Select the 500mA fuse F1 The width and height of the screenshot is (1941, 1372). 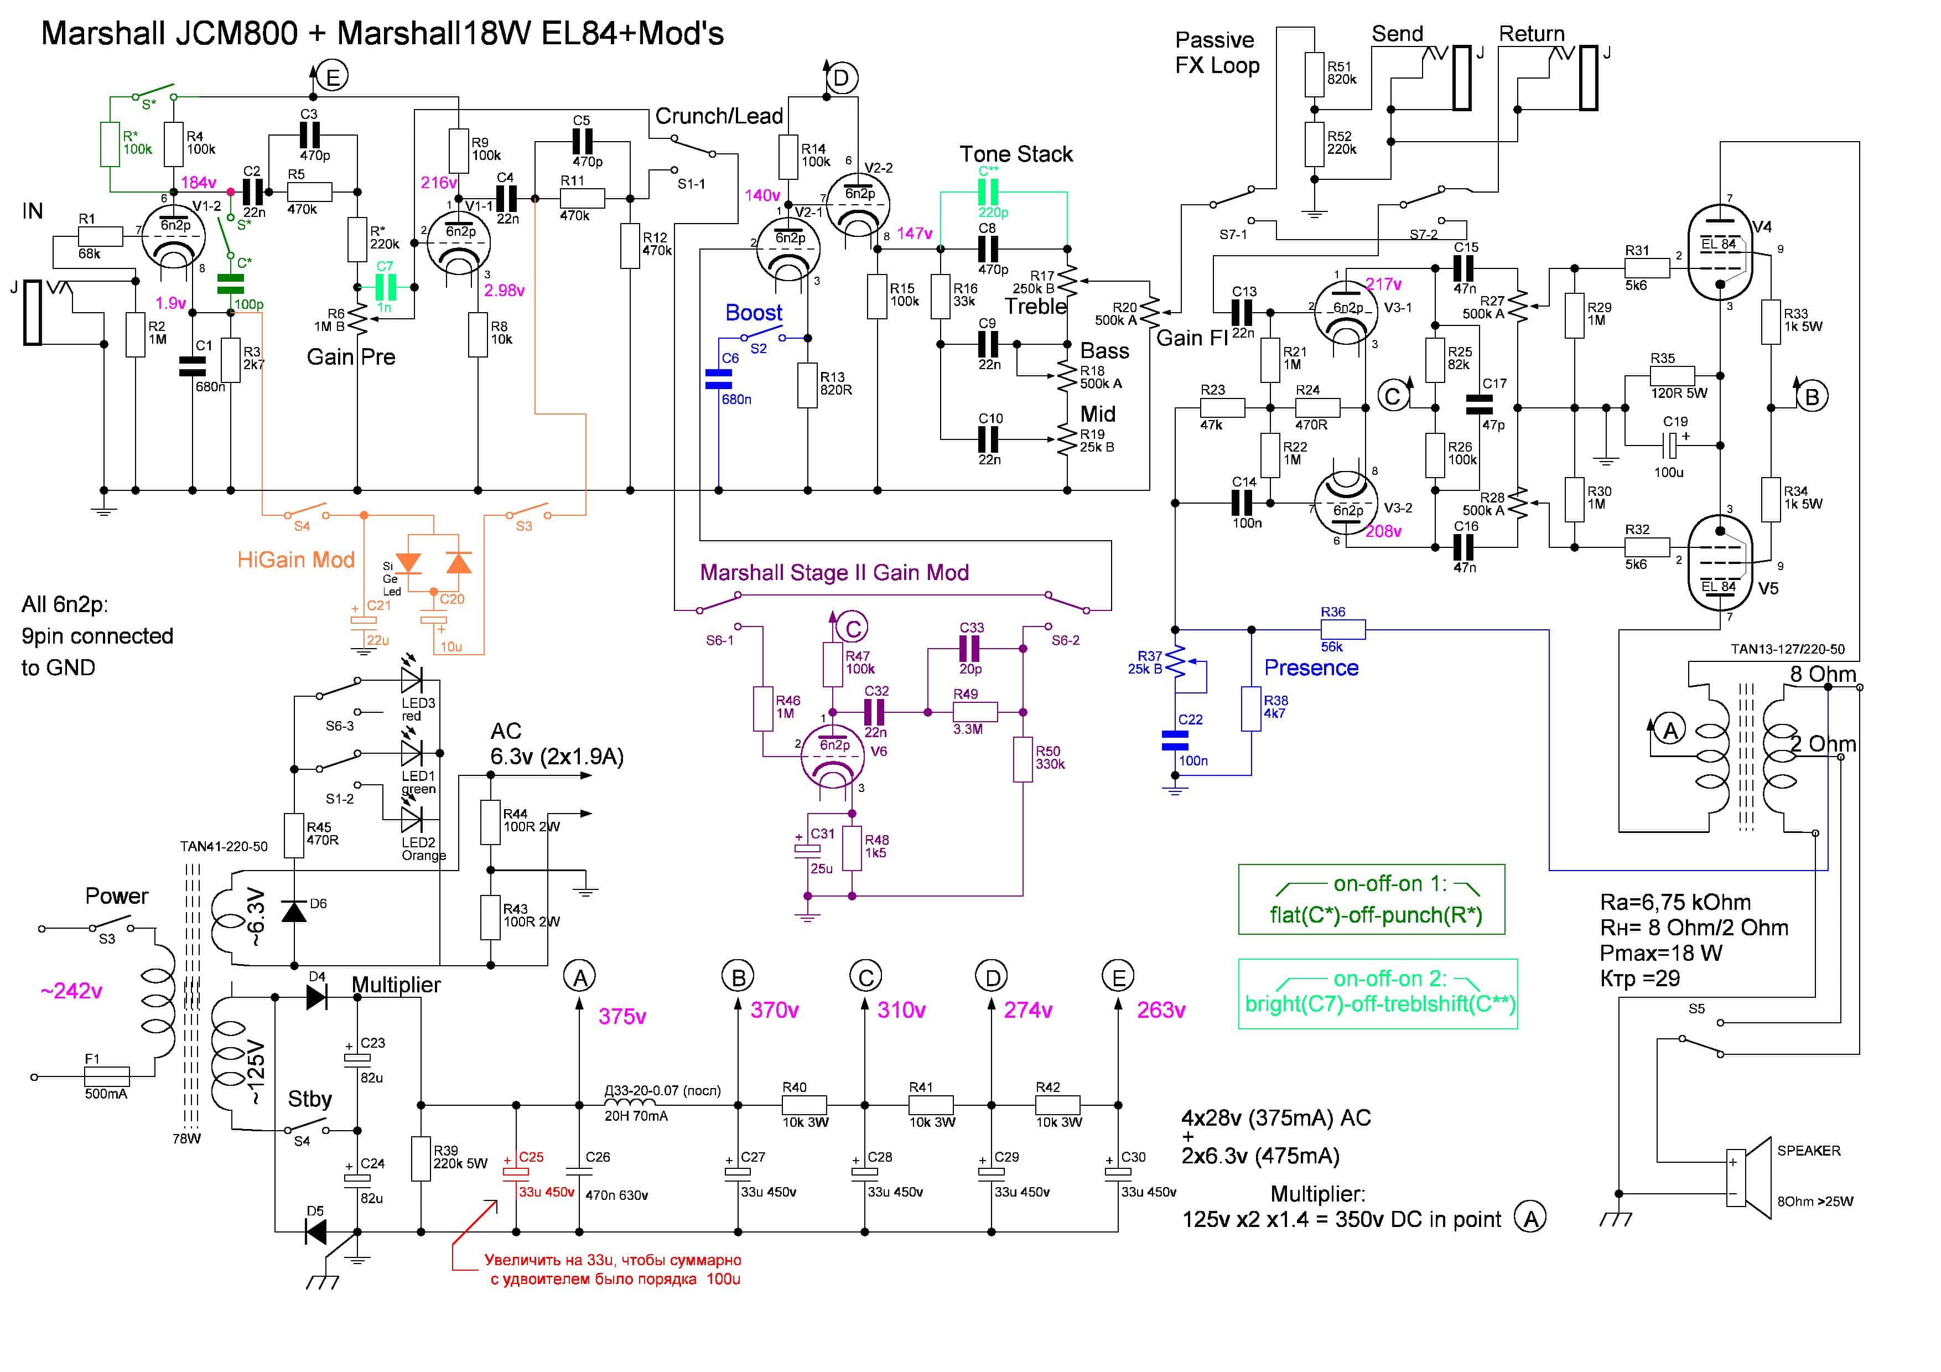pyautogui.click(x=107, y=1076)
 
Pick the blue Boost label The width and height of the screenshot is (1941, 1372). pyautogui.click(x=753, y=313)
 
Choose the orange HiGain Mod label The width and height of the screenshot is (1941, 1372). pyautogui.click(x=296, y=560)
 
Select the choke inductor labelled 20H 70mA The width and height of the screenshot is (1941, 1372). pyautogui.click(x=630, y=1104)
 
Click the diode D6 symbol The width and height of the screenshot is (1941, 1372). pyautogui.click(x=294, y=912)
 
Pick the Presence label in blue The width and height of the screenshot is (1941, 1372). pyautogui.click(x=1311, y=668)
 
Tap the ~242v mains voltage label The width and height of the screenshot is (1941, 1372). pyautogui.click(x=72, y=991)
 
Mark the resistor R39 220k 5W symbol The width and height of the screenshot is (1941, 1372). pyautogui.click(x=421, y=1158)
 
